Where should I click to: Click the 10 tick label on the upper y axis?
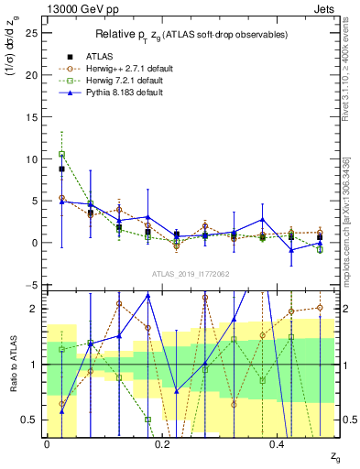(x=32, y=159)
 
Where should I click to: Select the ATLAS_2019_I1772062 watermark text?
(x=190, y=274)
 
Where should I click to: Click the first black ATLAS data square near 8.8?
(x=61, y=169)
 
